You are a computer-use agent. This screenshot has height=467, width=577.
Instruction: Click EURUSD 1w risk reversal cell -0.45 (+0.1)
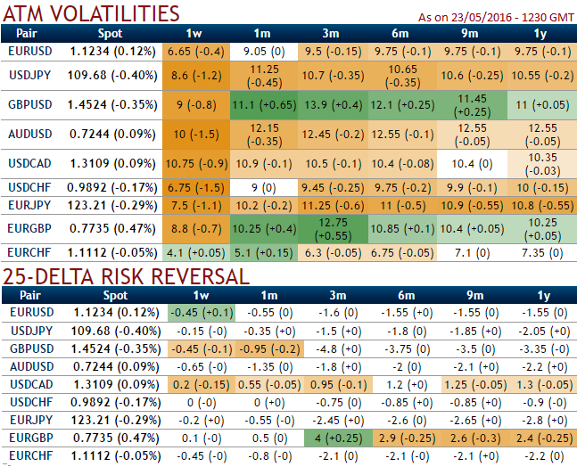pos(201,313)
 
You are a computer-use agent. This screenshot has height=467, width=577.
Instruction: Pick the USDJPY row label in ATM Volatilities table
pos(29,74)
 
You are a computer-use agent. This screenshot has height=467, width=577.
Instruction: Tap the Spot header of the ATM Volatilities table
pos(110,33)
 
